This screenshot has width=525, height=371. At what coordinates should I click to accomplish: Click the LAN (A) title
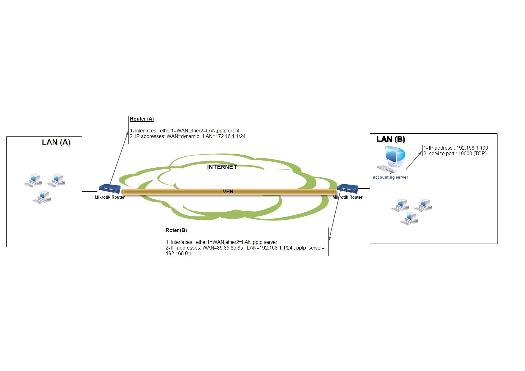(x=56, y=142)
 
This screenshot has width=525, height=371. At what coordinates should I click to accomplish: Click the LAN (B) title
(x=391, y=139)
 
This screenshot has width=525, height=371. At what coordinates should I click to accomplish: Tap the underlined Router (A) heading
(x=142, y=119)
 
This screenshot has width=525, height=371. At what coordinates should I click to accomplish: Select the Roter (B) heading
(x=176, y=230)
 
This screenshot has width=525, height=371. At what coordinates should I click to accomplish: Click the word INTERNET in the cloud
(x=222, y=167)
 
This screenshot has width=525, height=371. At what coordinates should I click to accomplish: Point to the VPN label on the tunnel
(x=228, y=192)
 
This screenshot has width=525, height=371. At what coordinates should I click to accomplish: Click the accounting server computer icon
(x=392, y=160)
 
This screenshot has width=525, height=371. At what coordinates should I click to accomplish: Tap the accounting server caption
(x=390, y=177)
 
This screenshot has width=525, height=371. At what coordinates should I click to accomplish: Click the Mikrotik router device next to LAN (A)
(x=110, y=189)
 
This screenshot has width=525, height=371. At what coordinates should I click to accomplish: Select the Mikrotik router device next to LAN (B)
(x=347, y=189)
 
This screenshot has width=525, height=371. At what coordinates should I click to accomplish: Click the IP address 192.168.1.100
(x=472, y=148)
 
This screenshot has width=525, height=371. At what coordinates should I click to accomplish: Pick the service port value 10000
(x=465, y=154)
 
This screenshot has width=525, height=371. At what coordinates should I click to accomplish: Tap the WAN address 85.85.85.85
(x=230, y=248)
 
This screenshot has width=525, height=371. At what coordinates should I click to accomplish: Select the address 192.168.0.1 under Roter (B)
(x=178, y=254)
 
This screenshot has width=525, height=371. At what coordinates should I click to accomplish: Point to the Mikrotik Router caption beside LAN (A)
(x=110, y=197)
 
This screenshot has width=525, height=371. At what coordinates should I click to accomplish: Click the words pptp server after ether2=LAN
(x=265, y=242)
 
